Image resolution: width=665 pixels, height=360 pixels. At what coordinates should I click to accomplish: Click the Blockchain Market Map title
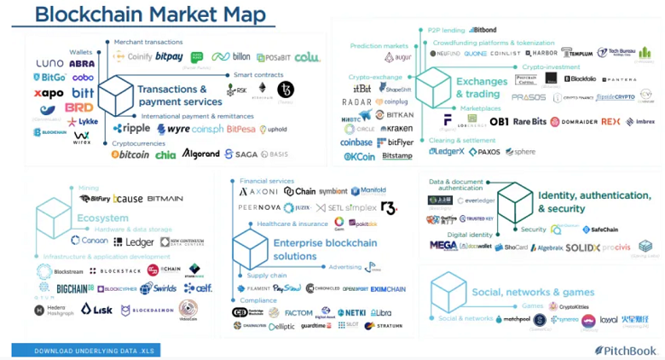150,15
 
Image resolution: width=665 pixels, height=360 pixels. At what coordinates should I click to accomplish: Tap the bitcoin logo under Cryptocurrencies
130,154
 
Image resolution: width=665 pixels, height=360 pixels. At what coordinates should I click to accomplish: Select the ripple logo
131,129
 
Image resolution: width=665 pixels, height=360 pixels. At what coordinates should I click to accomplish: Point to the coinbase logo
356,142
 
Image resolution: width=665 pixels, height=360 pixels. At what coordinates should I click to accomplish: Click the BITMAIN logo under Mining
165,199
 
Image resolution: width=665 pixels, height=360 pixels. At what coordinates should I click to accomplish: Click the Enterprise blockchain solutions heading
325,249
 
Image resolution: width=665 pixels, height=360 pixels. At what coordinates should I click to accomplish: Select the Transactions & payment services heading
179,95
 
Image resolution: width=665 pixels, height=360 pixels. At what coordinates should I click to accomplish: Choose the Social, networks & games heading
533,292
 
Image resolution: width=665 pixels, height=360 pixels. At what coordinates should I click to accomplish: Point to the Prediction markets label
379,45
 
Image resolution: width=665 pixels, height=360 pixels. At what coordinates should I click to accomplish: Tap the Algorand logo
200,154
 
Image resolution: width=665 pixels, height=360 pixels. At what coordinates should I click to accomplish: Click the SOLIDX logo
582,247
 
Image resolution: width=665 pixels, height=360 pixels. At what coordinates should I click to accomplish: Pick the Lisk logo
96,309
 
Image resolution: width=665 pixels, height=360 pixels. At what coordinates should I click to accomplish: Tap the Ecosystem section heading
102,218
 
